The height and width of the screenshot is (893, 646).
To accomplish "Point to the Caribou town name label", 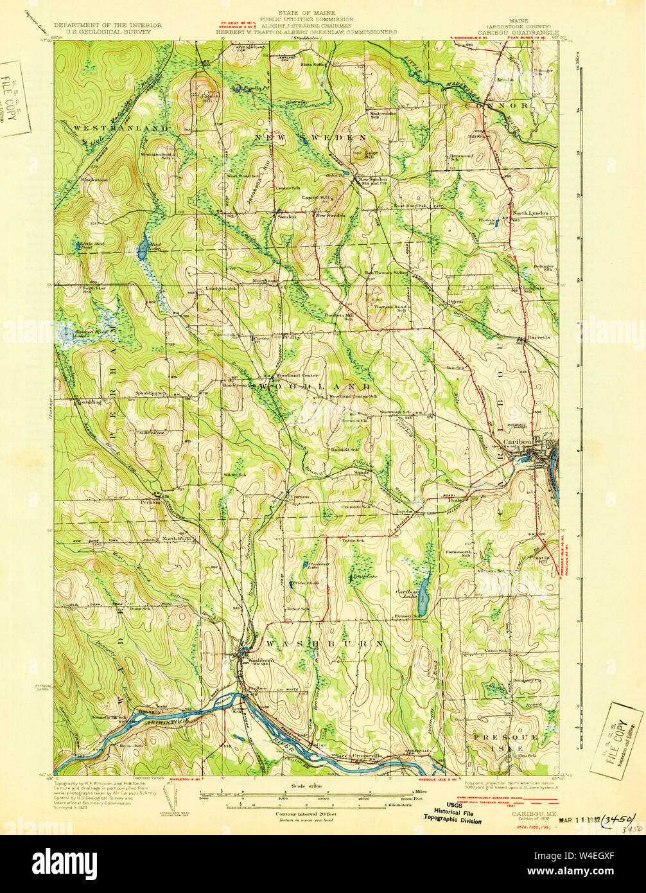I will [518, 442].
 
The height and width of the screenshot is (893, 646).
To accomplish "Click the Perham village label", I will [151, 502].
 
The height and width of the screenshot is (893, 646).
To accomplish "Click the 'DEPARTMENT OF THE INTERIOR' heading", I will [107, 26].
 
